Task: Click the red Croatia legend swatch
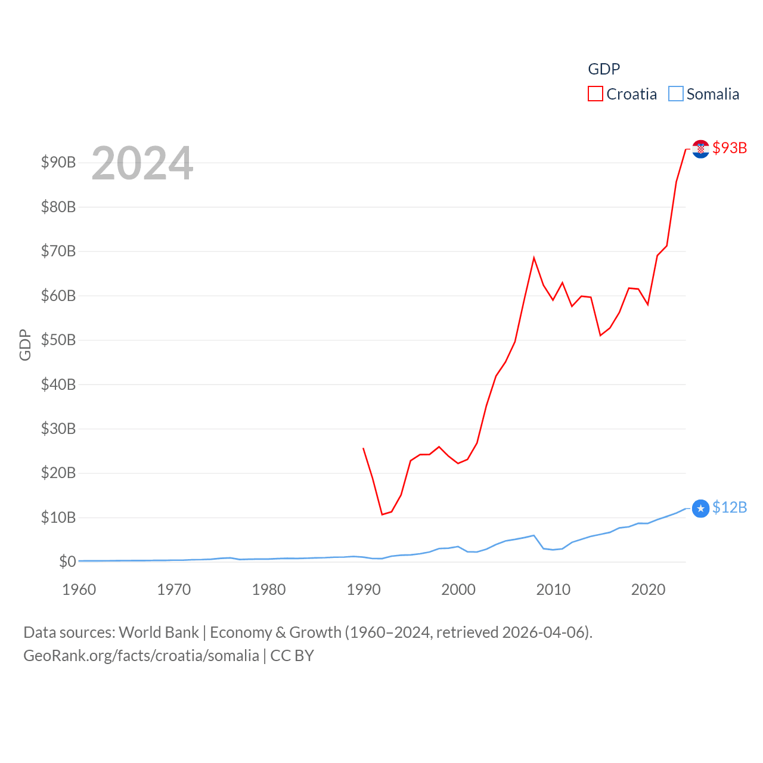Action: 595,94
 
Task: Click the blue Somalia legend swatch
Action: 675,94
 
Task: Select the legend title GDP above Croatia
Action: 604,69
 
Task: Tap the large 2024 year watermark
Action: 142,163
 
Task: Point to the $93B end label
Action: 730,148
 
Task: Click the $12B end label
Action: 730,507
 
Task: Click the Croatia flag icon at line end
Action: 701,148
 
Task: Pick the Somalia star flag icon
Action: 701,508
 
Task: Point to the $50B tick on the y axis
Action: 58,340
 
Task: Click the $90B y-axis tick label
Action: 58,162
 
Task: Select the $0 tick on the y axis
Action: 67,562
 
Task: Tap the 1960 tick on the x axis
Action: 79,590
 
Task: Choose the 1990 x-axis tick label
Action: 364,590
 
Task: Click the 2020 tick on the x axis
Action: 648,590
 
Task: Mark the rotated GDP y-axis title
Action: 25,345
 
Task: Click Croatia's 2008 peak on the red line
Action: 534,258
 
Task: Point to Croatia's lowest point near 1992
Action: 382,514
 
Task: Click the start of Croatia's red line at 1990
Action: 363,448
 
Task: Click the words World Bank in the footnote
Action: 159,632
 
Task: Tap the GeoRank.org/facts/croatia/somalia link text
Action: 141,656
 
